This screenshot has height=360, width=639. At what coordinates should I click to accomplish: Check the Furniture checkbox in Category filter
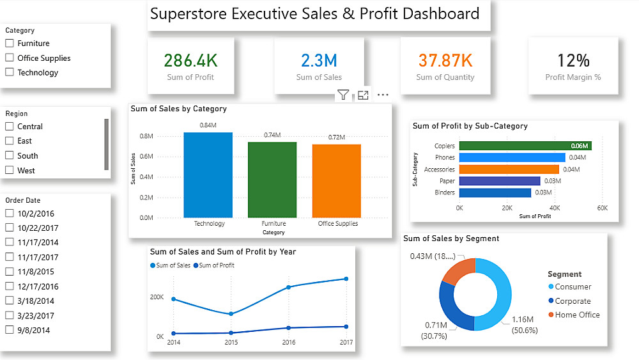click(x=10, y=43)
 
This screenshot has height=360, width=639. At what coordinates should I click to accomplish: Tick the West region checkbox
click(x=10, y=170)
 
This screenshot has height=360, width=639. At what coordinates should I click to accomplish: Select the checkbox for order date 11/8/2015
click(x=10, y=271)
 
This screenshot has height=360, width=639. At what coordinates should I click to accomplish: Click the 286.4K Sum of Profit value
click(x=190, y=61)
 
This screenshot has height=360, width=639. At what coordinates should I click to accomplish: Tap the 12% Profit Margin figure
click(x=573, y=61)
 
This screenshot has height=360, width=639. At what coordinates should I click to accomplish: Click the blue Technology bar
click(x=208, y=175)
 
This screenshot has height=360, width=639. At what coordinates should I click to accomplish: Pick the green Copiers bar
click(x=525, y=146)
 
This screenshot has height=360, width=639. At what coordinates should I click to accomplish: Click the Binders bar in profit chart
click(x=495, y=192)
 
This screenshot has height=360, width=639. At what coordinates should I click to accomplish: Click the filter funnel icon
click(x=343, y=95)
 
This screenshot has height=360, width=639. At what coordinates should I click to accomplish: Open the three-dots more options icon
click(x=383, y=95)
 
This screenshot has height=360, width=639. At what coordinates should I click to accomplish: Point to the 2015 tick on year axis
click(x=231, y=343)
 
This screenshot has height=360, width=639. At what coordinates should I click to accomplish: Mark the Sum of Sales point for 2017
click(x=346, y=279)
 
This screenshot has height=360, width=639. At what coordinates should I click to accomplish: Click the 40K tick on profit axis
click(x=555, y=208)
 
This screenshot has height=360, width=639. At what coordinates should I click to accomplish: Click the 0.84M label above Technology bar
click(x=208, y=125)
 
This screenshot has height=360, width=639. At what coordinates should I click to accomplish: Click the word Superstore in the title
click(x=186, y=13)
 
